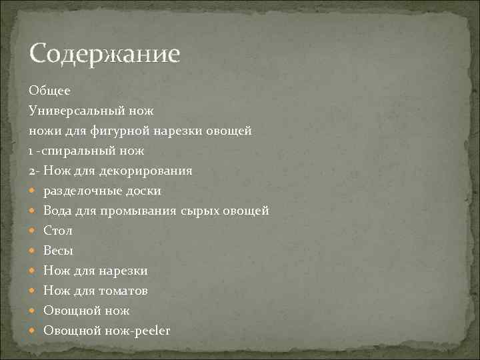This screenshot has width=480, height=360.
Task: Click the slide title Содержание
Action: pyautogui.click(x=105, y=54)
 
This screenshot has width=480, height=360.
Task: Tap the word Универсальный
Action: pyautogui.click(x=79, y=110)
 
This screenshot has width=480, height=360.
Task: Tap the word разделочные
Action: pyautogui.click(x=81, y=191)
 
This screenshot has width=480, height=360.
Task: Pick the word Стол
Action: pyautogui.click(x=58, y=231)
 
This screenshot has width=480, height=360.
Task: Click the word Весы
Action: pyautogui.click(x=59, y=251)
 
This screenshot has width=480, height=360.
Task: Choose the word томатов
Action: pyautogui.click(x=123, y=291)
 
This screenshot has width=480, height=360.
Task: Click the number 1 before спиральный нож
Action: pyautogui.click(x=31, y=151)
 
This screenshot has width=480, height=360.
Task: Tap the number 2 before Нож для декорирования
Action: pyautogui.click(x=31, y=171)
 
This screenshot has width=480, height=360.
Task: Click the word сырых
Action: pyautogui.click(x=199, y=211)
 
